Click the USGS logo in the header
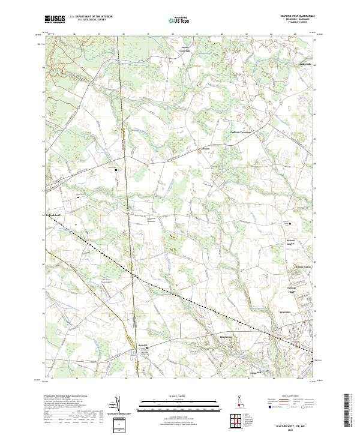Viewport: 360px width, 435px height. (55, 19)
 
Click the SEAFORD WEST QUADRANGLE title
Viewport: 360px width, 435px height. (296, 16)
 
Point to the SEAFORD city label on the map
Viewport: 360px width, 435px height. (286, 312)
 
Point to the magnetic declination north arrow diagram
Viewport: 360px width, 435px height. (118, 406)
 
